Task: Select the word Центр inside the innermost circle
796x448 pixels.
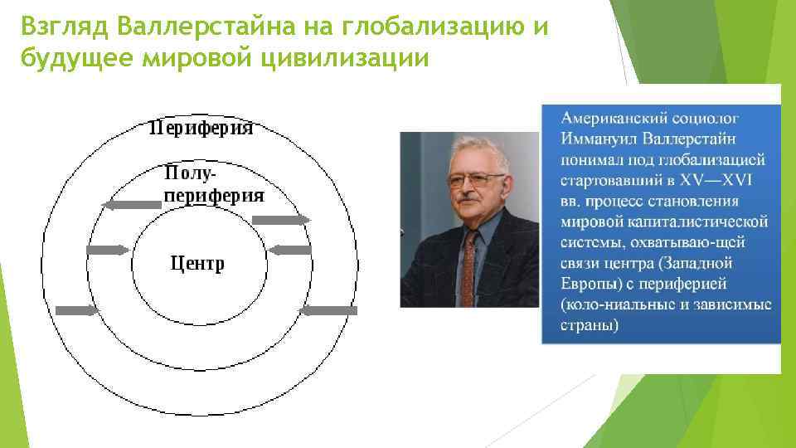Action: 197,263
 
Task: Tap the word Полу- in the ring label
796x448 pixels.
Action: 191,174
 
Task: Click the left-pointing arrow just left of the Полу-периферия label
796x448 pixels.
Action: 130,204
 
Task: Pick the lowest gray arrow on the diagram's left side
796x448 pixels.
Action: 77,309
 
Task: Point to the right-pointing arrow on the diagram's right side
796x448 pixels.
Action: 280,219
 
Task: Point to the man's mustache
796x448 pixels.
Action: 468,201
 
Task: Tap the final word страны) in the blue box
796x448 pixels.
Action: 589,325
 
